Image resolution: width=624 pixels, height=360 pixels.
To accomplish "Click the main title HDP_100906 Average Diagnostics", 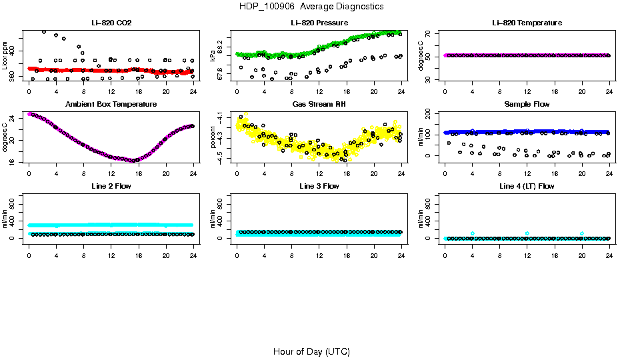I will point(311,6).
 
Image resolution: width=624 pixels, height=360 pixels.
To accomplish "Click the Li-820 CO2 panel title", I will point(111,23).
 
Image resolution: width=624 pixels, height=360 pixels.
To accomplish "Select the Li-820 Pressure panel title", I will point(319,23).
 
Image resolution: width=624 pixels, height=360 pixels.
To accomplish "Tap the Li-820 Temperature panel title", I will point(527,23).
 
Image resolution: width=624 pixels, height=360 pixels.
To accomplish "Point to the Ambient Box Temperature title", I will point(111,105).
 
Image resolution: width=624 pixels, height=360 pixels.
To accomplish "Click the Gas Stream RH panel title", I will point(319,105).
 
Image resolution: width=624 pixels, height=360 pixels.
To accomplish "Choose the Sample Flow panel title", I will point(527,105).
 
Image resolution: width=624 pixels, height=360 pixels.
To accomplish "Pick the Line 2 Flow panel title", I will point(111,186).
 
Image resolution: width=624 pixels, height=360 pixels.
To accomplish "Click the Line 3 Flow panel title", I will point(319,186).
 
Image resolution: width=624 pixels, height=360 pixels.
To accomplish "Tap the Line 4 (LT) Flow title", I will point(527,186).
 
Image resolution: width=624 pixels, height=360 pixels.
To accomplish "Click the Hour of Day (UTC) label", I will point(311,351).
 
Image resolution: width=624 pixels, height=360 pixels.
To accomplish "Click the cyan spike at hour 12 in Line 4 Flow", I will point(527,233).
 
